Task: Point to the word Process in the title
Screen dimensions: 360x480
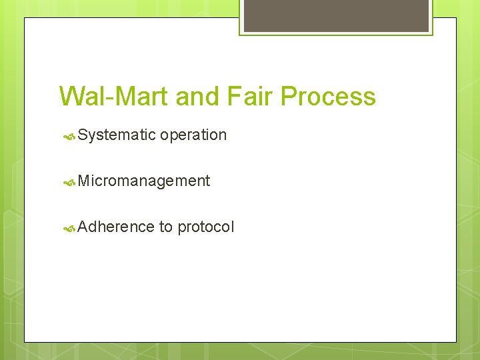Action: [x=328, y=97]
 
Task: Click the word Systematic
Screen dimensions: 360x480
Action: [x=117, y=135]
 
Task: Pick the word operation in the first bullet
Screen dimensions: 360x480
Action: [x=193, y=135]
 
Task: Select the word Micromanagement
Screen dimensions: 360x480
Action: [x=144, y=181]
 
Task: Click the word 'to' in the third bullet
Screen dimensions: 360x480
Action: [x=166, y=227]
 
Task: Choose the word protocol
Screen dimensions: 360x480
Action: [x=206, y=227]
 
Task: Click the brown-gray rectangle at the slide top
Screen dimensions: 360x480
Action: [x=336, y=15]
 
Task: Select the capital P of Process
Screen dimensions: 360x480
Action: [x=288, y=97]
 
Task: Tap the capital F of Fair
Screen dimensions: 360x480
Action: [x=233, y=97]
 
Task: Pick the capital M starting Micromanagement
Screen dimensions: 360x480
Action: [x=84, y=181]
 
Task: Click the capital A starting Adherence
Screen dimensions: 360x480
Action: [x=83, y=227]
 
